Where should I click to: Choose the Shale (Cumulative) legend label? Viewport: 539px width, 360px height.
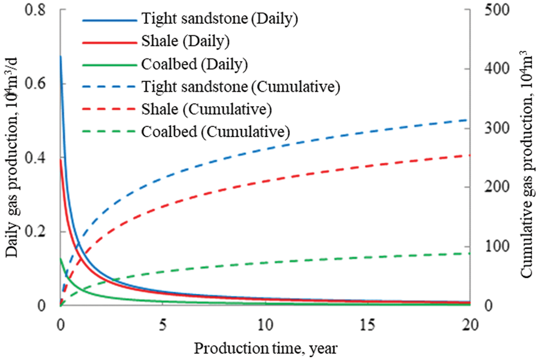[214, 109]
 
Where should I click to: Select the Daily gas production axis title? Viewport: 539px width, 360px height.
[12, 164]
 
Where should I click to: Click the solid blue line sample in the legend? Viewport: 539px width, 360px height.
[110, 19]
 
